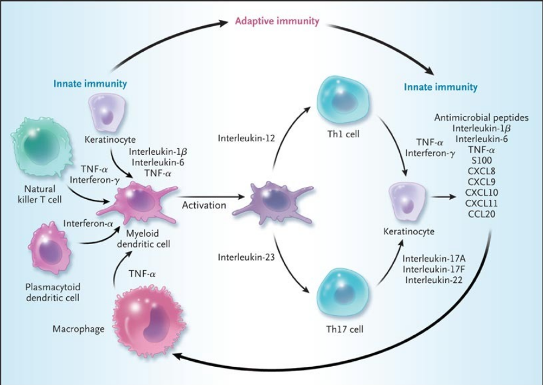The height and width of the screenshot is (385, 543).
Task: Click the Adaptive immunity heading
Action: point(277,22)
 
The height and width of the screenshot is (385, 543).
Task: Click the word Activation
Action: point(204,205)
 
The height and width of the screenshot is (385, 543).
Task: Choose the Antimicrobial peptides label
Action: point(482,117)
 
